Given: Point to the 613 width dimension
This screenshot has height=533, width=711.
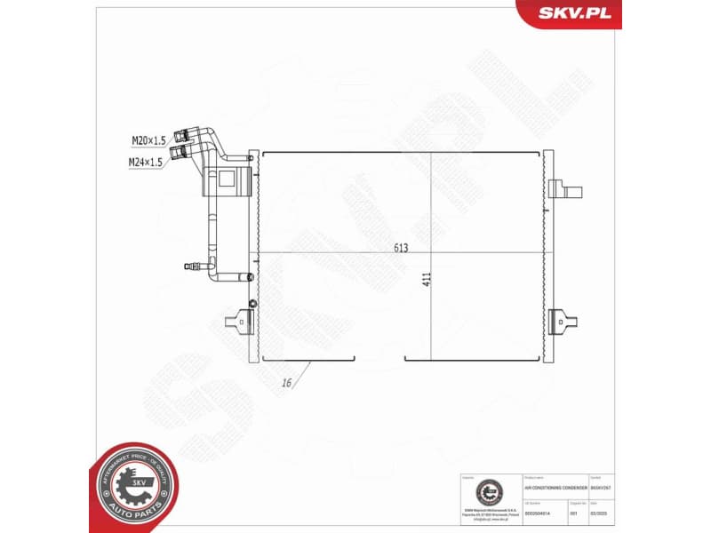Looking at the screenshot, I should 401,248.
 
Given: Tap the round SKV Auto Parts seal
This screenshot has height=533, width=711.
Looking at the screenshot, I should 135,485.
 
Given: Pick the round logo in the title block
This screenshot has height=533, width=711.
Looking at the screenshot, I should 487,490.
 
